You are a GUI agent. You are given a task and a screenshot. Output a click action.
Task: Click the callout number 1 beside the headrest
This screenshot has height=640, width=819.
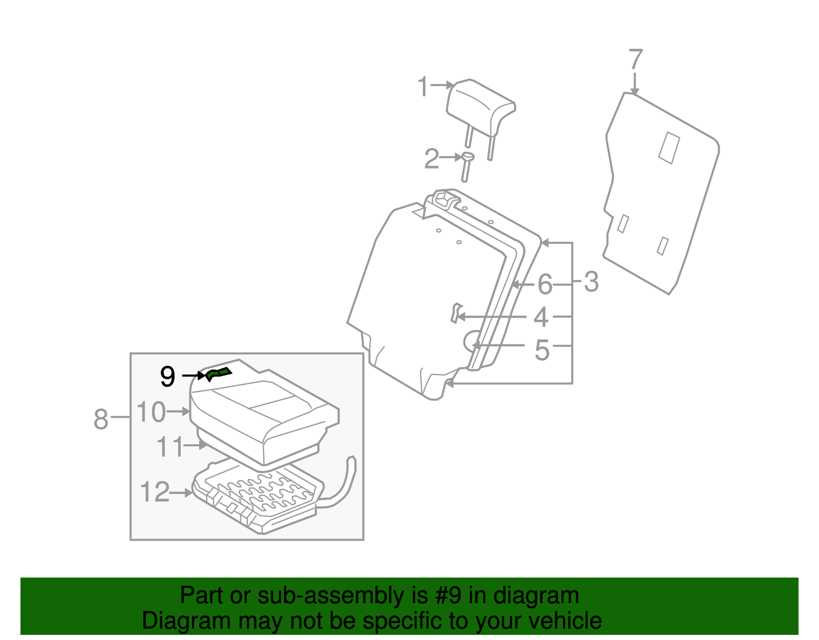tap(423, 87)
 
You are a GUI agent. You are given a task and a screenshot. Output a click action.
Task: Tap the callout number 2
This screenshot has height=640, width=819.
tap(432, 159)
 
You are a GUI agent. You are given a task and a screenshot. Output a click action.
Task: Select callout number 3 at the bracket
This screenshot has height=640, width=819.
tap(591, 282)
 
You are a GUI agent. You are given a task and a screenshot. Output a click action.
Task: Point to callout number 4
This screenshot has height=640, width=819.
tap(541, 317)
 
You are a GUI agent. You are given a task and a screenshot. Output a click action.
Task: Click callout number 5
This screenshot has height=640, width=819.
tap(542, 350)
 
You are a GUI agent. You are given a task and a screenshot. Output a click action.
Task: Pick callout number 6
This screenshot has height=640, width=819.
tap(545, 284)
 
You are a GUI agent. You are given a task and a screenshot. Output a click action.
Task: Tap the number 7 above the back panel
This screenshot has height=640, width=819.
tap(635, 59)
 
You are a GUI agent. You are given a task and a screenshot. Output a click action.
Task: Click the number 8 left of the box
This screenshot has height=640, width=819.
tap(101, 419)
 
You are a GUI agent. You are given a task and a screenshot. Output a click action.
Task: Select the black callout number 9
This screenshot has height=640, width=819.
tap(167, 377)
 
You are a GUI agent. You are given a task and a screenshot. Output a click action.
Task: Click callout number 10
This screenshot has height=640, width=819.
tap(152, 412)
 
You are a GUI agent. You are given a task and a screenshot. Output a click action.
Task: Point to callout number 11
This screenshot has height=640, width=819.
tap(169, 447)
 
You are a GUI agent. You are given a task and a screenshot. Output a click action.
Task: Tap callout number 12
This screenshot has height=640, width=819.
tap(155, 492)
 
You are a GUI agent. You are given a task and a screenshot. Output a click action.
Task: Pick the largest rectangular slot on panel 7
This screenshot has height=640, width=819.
tap(669, 148)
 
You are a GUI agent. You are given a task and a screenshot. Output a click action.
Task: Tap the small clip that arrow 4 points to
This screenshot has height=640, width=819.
tap(455, 313)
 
